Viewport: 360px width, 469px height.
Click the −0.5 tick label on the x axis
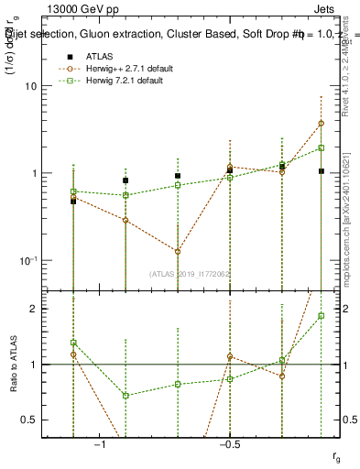pyautogui.click(x=230, y=444)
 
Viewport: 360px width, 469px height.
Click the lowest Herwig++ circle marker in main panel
pyautogui.click(x=178, y=251)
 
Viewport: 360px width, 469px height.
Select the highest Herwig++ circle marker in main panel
pyautogui.click(x=322, y=123)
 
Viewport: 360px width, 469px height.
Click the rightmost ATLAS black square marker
pyautogui.click(x=322, y=171)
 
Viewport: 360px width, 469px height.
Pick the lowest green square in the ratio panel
pyautogui.click(x=125, y=396)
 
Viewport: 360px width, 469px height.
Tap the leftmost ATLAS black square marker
pyautogui.click(x=73, y=201)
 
